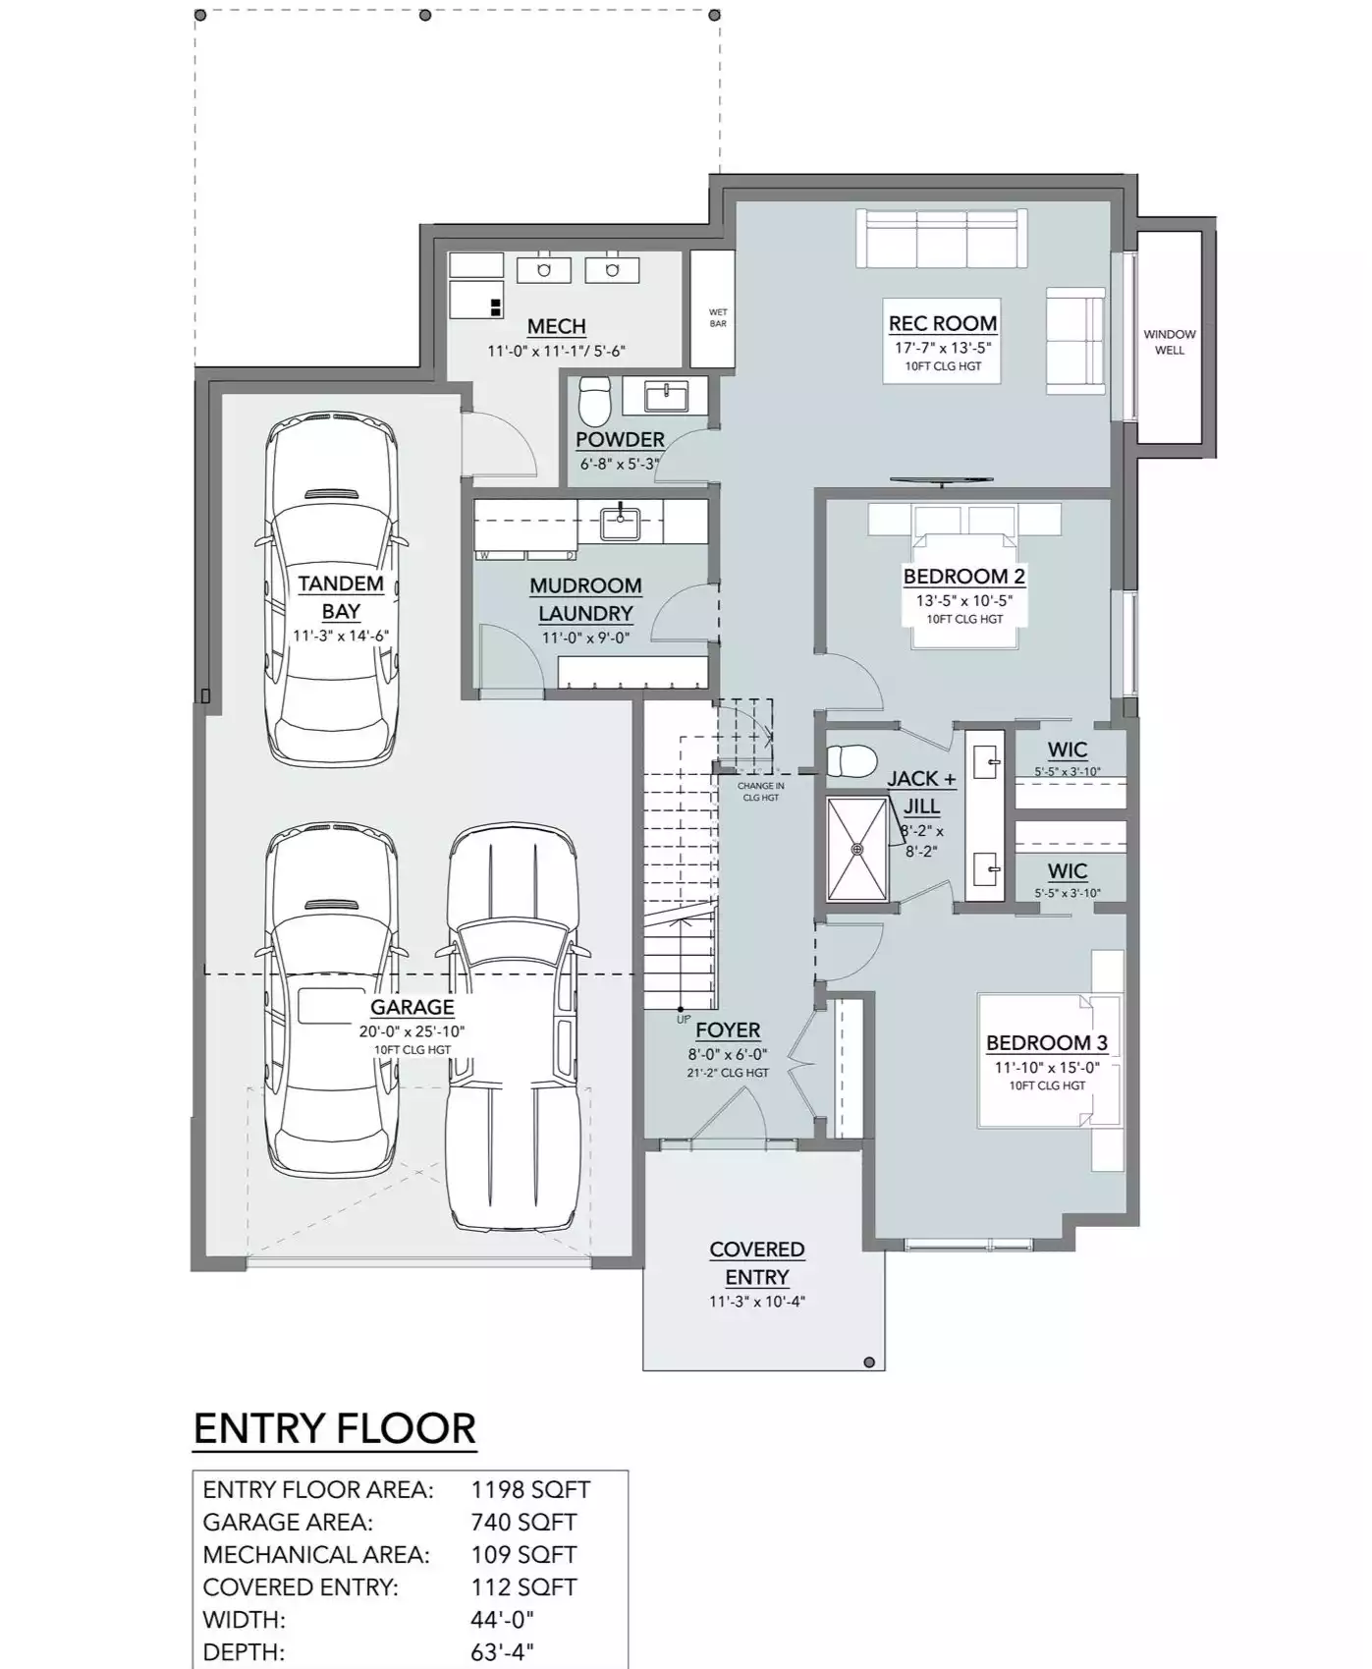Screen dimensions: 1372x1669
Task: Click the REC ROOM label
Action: point(943,323)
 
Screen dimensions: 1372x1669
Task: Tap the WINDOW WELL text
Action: point(1169,342)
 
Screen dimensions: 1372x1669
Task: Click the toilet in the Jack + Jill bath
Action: point(851,760)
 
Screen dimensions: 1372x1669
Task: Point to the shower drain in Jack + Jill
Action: point(857,849)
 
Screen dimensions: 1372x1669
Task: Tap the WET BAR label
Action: point(718,318)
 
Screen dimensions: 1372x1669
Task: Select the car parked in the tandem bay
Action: point(332,589)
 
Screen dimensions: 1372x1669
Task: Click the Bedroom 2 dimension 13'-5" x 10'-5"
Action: point(964,600)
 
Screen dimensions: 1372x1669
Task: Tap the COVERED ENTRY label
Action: point(757,1263)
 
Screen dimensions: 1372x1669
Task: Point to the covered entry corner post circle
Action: point(869,1363)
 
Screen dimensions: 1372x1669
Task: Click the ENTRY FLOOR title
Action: point(335,1428)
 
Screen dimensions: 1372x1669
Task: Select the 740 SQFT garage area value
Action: point(523,1522)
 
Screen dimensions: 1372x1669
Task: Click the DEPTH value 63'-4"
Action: point(503,1652)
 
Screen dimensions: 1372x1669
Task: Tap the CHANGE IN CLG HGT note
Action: point(761,792)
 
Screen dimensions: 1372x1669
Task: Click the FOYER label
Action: point(728,1030)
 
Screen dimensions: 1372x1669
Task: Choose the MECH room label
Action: point(557,326)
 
